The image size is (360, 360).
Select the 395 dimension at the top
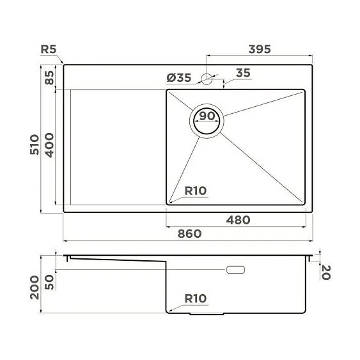[x=260, y=49]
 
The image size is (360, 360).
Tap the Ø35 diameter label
[x=179, y=78]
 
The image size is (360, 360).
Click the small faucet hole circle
[x=206, y=79]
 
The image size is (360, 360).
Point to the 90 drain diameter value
[x=206, y=116]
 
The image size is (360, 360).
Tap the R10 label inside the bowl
[x=194, y=190]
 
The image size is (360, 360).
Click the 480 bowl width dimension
[x=237, y=219]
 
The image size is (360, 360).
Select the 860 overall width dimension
[x=189, y=233]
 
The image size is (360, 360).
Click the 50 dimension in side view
[x=49, y=282]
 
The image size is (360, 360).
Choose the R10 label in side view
[x=194, y=298]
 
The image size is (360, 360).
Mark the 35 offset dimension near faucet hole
[x=242, y=73]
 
